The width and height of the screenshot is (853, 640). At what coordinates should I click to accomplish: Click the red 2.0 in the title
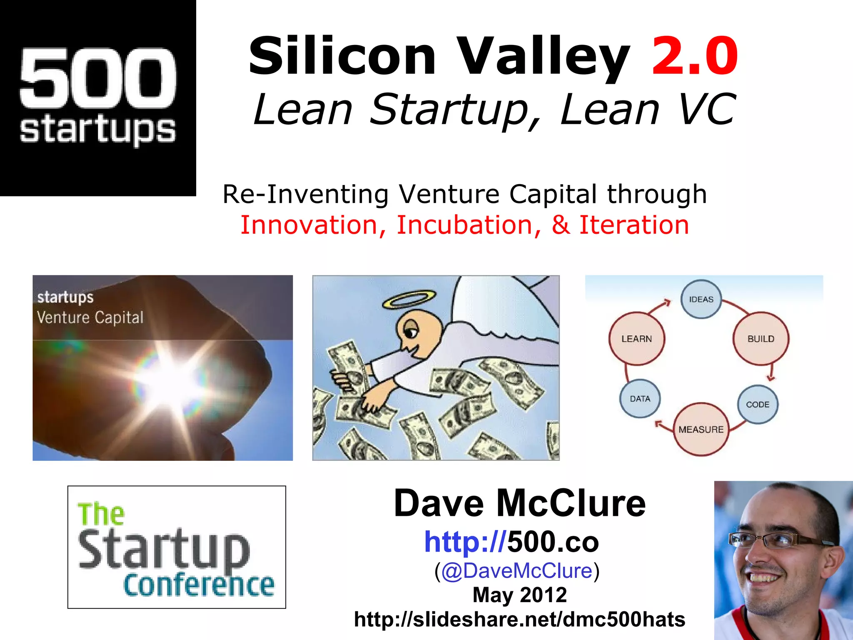tap(695, 56)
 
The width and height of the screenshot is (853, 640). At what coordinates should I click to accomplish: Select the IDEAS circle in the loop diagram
tap(701, 299)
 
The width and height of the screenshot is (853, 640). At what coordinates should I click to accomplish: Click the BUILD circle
tap(761, 339)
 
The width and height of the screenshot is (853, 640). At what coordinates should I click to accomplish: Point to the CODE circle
tap(757, 404)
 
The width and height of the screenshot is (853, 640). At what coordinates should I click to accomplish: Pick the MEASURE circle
tap(701, 429)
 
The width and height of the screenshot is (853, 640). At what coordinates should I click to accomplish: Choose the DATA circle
tap(640, 399)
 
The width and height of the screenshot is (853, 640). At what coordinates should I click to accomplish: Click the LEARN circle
tap(636, 339)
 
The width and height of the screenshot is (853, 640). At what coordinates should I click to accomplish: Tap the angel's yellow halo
tap(409, 299)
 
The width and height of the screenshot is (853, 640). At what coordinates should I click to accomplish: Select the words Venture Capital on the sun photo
tap(90, 317)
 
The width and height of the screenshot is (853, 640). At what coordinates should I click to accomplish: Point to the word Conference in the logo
tap(199, 585)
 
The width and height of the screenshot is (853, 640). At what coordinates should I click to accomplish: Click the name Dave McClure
tap(519, 503)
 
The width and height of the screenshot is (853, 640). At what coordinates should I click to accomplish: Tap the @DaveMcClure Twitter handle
tap(517, 570)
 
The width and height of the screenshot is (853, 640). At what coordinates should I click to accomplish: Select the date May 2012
tap(519, 595)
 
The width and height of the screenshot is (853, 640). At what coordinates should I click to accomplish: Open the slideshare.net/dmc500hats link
tap(519, 619)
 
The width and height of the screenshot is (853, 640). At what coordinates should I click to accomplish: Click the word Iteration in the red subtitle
tap(634, 225)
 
